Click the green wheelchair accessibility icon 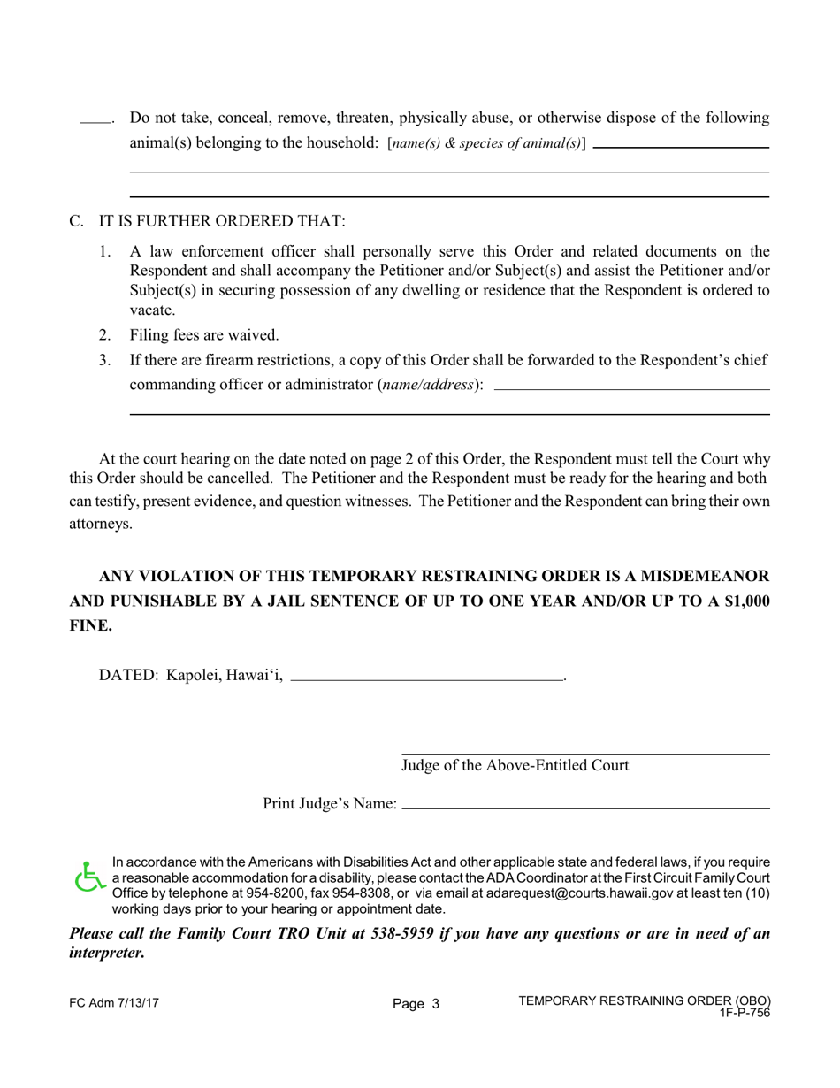88,877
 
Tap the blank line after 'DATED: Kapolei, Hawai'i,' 427,678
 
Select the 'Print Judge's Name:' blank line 585,808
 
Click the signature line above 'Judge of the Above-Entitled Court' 585,754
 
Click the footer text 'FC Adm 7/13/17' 114,1003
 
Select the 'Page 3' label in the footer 416,1004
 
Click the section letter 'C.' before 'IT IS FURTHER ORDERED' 77,221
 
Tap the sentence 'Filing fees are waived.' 204,335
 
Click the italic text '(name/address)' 429,385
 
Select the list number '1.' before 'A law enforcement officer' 105,251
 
